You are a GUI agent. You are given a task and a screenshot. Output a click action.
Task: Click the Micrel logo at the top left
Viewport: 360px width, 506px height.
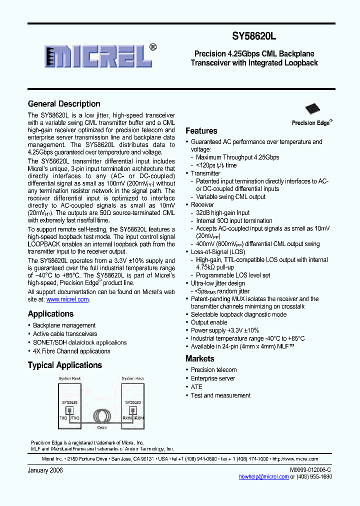tap(98, 55)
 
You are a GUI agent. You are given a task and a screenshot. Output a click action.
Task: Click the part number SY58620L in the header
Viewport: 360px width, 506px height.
tap(253, 36)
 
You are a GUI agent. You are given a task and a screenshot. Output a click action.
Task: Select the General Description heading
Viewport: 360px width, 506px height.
tap(64, 104)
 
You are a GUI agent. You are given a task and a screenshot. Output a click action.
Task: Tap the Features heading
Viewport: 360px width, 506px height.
tap(201, 131)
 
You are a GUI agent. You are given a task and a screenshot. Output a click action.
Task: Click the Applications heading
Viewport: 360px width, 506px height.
tap(50, 314)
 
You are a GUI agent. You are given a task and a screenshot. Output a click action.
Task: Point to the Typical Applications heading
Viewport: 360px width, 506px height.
tap(64, 365)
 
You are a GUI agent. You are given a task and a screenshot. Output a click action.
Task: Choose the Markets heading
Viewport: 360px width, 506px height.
tap(199, 358)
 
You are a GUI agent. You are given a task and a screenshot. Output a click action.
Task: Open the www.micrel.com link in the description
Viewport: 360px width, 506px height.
tap(67, 299)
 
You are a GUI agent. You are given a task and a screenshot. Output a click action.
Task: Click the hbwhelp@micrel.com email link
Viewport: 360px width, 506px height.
tap(263, 476)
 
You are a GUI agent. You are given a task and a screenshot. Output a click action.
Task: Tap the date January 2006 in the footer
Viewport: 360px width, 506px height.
tap(45, 470)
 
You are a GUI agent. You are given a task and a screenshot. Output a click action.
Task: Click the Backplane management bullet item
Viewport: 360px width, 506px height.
tap(64, 325)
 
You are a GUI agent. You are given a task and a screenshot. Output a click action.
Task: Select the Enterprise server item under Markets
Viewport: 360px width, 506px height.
tap(212, 378)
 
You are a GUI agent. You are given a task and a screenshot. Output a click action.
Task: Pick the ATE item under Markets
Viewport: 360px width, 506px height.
tap(196, 387)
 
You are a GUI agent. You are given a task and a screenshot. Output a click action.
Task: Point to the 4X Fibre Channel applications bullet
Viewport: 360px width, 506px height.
tap(71, 351)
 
